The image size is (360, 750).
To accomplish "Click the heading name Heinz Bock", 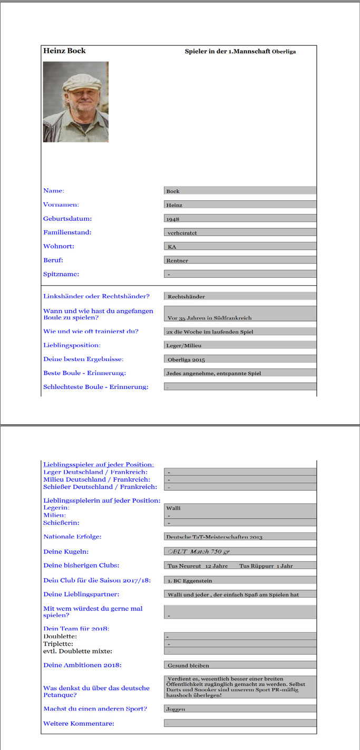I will pos(64,51).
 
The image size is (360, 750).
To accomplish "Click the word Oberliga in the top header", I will pos(284,52).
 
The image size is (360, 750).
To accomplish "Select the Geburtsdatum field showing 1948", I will pos(240,218).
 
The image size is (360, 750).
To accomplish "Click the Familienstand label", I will pos(67,232).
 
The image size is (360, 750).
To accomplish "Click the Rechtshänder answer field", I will pos(240,297).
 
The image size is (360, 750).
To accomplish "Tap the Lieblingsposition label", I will pos(72,345).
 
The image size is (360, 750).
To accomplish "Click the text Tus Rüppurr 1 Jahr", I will pos(266,566).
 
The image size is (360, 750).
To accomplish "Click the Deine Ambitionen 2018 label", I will pos(82,665).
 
